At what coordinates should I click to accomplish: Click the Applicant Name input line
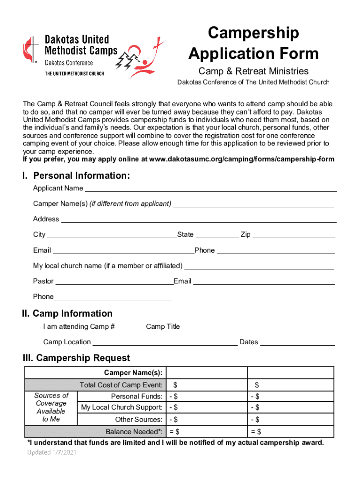tap(210, 188)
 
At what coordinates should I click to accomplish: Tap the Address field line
tap(199, 219)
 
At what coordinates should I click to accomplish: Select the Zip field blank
tap(294, 234)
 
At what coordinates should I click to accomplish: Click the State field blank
tap(216, 234)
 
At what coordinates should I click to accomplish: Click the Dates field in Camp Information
tap(297, 342)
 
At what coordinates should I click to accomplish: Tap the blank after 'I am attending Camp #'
tap(130, 327)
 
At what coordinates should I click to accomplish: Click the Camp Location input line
tap(165, 342)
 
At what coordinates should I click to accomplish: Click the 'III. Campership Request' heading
tap(77, 358)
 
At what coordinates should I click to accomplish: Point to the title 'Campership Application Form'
tap(253, 44)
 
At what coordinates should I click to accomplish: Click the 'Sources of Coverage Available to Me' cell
tap(51, 407)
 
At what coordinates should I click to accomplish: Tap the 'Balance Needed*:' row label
tap(134, 431)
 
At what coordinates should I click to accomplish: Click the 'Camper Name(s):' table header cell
tap(133, 373)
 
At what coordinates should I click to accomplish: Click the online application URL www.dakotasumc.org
tap(241, 159)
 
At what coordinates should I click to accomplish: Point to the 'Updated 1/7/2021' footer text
tap(52, 452)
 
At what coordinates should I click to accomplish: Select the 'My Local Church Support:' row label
tap(122, 407)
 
